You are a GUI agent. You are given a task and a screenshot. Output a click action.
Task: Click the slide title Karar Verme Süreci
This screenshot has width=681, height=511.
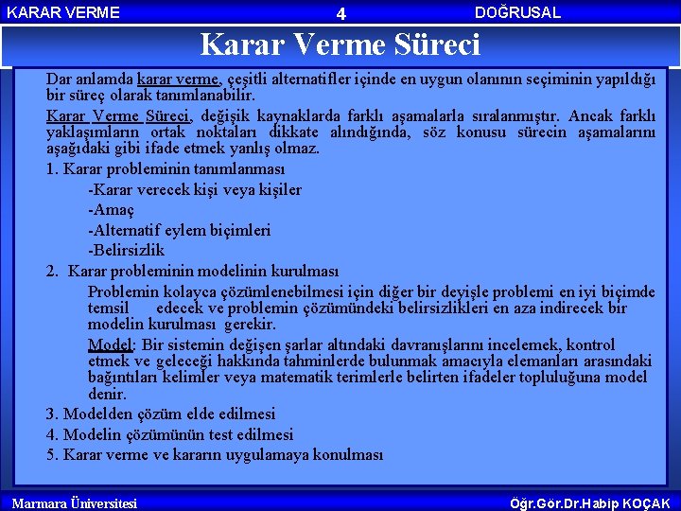coord(340,44)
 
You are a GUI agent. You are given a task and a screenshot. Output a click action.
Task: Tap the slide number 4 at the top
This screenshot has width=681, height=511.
coord(341,13)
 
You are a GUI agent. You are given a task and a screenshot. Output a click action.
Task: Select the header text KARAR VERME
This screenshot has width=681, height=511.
coord(63,12)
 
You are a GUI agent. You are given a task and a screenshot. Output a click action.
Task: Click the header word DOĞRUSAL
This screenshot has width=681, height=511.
coord(517,12)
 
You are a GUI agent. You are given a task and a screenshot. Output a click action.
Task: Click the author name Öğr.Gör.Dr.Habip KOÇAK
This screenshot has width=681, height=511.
coord(589,503)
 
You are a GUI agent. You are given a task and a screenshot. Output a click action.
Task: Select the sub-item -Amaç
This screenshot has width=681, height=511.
coord(111,210)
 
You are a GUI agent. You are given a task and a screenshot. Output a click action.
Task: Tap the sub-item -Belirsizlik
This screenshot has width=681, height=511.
coord(126,251)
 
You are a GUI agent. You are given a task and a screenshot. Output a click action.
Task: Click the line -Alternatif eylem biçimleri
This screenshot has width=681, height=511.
coord(179,230)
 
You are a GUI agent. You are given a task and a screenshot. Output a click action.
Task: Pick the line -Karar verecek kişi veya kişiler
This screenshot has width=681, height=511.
coord(195,189)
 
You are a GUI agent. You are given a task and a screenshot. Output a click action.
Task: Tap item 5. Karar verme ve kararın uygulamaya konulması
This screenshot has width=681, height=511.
coord(215,454)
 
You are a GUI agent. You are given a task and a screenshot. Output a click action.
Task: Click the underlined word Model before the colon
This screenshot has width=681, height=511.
coord(109,344)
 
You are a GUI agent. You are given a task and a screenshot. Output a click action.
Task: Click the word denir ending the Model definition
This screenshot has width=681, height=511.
coord(106,394)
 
